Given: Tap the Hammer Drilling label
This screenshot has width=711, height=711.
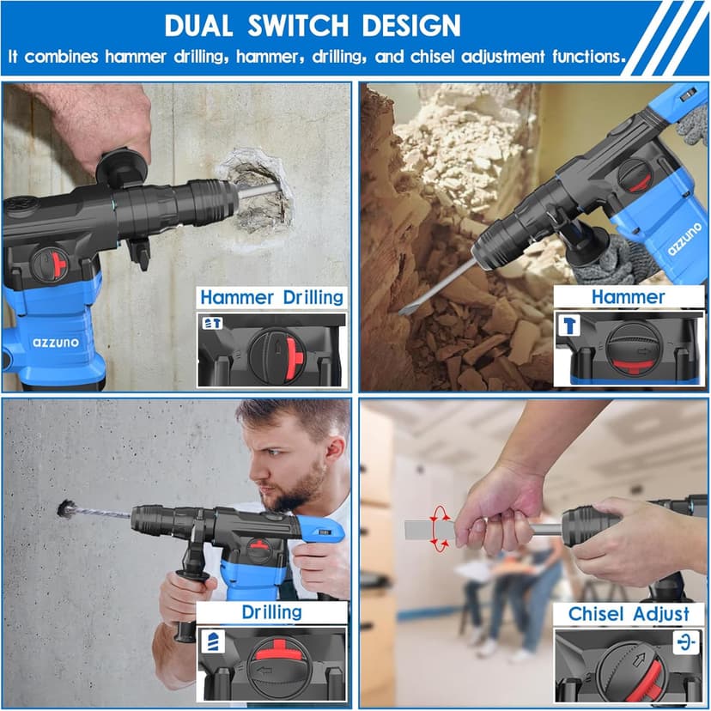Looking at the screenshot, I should point(271,298).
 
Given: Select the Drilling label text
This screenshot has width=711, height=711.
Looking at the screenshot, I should point(271,611).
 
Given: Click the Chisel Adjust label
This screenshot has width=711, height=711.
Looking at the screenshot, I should point(629,614).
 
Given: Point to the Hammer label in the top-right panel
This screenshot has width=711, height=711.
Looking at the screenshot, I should point(628,297).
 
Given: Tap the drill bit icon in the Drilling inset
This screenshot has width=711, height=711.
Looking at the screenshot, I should point(211,641).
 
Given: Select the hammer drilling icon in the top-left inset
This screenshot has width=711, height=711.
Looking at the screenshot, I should point(211,325).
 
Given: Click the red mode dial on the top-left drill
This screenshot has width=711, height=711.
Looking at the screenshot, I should point(52,264).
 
